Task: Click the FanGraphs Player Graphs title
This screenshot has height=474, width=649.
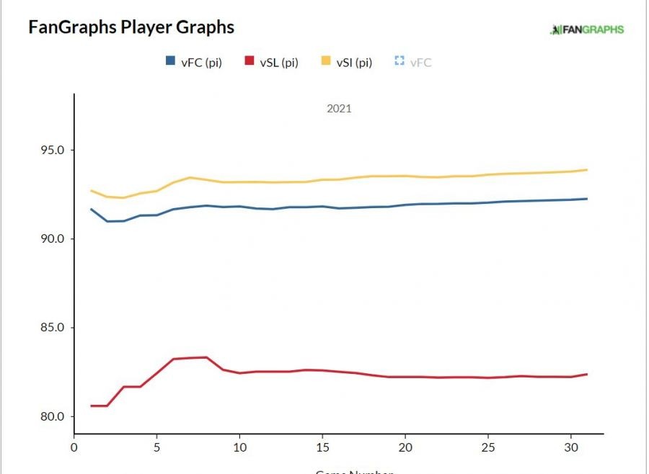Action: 131,27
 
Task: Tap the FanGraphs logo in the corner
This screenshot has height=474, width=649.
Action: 586,30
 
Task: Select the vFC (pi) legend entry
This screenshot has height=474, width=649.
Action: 193,63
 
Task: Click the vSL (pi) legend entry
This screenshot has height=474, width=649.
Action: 270,63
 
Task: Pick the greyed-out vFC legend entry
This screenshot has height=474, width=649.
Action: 413,63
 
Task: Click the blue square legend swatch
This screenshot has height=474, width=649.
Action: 171,62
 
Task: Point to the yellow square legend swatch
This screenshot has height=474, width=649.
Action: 325,62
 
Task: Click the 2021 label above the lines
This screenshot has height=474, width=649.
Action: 339,109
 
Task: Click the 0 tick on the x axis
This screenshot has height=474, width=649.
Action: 74,447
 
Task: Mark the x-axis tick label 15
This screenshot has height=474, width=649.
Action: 322,447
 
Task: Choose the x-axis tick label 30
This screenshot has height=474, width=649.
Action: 570,447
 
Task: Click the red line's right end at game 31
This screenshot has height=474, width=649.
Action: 587,374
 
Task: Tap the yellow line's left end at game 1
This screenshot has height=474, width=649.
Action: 91,191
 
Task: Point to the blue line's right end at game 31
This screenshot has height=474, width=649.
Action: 587,199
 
